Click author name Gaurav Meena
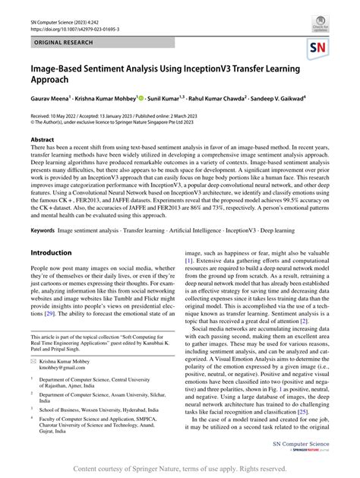pyautogui.click(x=50, y=98)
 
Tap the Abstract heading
pyautogui.click(x=42, y=141)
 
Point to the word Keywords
pyautogui.click(x=43, y=230)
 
